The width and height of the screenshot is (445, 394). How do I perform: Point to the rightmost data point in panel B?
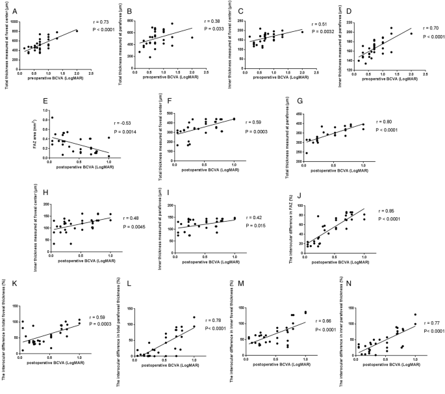[x=192, y=38]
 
